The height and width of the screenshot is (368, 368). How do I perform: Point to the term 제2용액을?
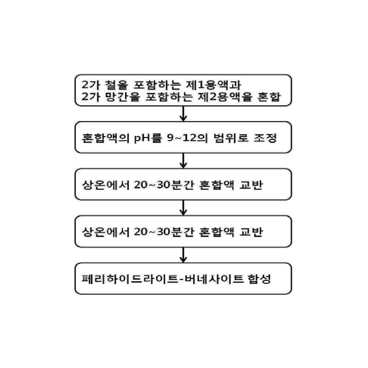(x=225, y=97)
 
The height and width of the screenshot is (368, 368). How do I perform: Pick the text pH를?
(x=148, y=138)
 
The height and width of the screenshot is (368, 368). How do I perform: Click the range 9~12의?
(x=188, y=138)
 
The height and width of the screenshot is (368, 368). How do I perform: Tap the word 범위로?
(x=231, y=138)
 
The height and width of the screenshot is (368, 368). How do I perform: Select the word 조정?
(x=265, y=138)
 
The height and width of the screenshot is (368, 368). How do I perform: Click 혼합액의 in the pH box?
(x=106, y=138)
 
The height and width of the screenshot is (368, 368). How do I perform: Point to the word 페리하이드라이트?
(x=130, y=279)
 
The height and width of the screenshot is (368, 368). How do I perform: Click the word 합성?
(x=259, y=279)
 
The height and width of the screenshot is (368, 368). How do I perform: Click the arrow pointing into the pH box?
(x=183, y=114)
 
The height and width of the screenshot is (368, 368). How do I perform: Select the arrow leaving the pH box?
(x=183, y=160)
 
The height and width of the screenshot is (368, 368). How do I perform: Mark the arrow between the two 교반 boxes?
(x=183, y=208)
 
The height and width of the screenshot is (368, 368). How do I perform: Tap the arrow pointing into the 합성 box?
(x=183, y=255)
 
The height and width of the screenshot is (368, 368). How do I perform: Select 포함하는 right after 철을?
(x=157, y=85)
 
